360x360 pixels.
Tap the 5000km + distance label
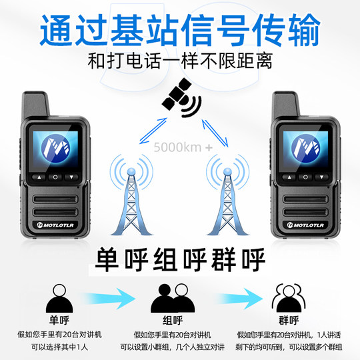coord(180,147)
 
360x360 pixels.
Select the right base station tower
coord(229,197)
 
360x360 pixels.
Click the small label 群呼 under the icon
coord(287,319)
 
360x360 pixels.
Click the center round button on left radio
coord(56,177)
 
